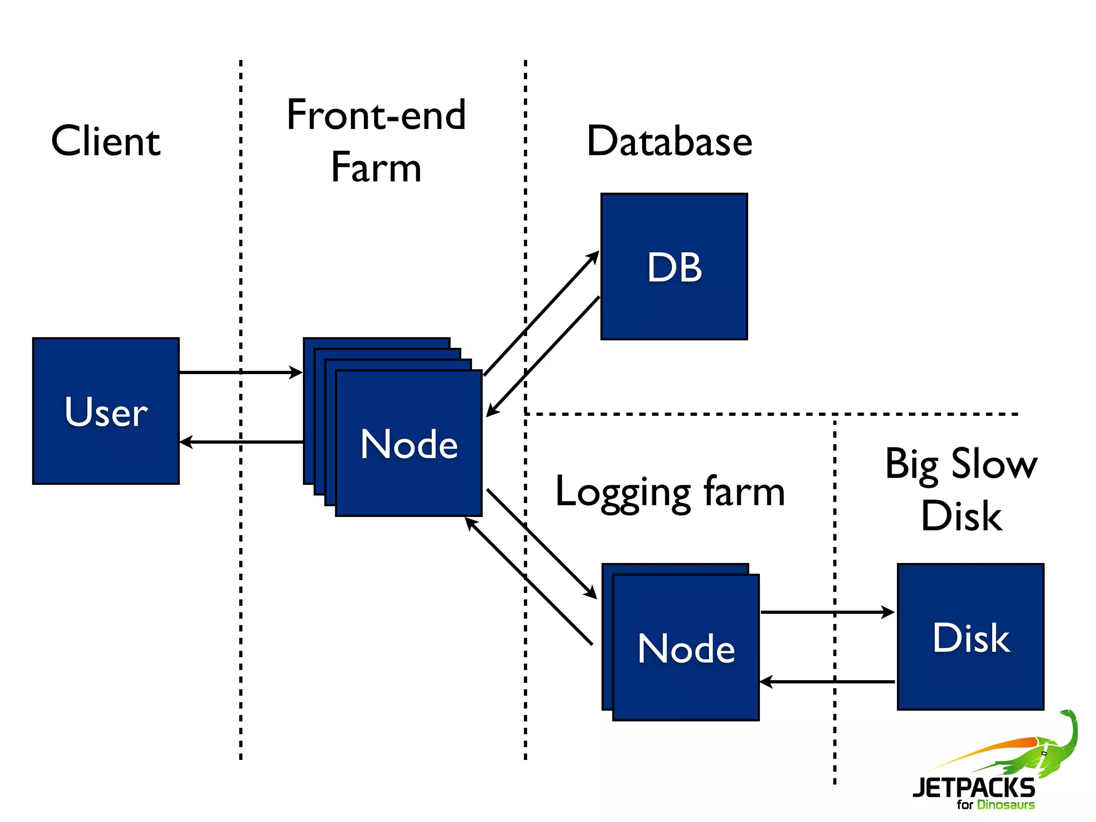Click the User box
point(106,411)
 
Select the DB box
point(674,267)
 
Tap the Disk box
point(970,637)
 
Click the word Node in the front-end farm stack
point(409,444)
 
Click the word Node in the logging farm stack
point(686,648)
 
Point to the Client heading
point(106,141)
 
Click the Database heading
point(669,141)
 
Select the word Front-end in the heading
point(376,115)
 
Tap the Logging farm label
point(670,492)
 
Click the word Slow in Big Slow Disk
point(994,463)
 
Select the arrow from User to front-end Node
point(241,372)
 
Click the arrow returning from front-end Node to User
point(241,442)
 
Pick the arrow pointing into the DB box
point(541,314)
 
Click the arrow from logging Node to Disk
point(827,612)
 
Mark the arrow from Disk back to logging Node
point(827,682)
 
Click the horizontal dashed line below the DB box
point(771,414)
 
